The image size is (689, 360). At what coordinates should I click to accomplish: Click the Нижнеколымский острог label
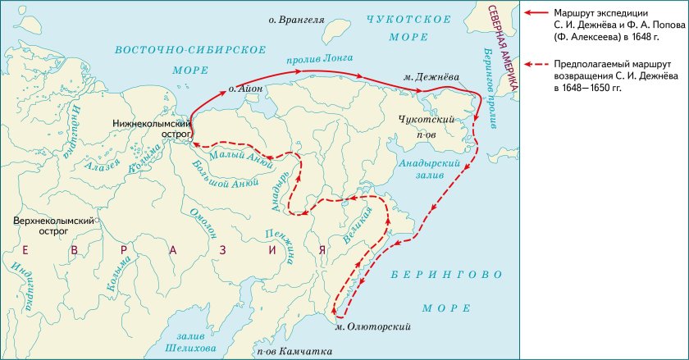(153, 129)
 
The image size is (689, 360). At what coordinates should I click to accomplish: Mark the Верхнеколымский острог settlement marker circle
(96, 221)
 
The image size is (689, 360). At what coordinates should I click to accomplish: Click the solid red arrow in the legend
(537, 13)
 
